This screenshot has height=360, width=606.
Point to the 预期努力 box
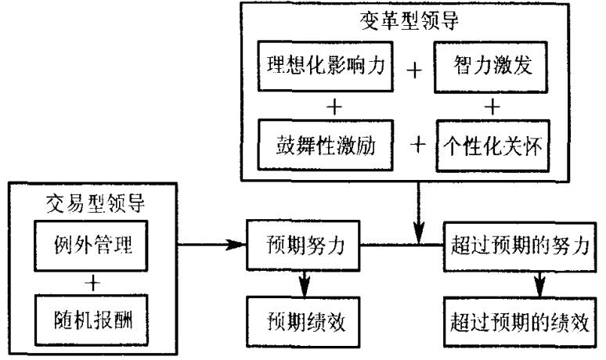[x=302, y=247]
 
